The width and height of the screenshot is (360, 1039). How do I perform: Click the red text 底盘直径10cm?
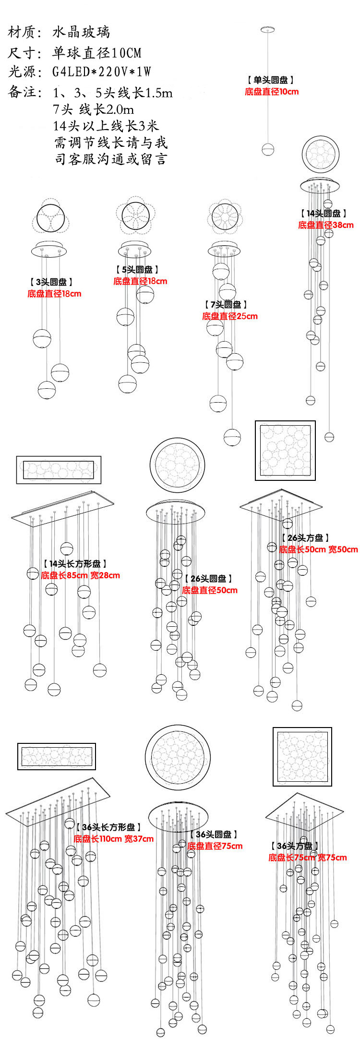pyautogui.click(x=272, y=92)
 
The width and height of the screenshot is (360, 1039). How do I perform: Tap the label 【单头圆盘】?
pyautogui.click(x=271, y=80)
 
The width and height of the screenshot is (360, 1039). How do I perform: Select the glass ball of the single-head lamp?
pyautogui.click(x=268, y=149)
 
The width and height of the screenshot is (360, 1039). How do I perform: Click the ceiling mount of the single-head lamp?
pyautogui.click(x=267, y=30)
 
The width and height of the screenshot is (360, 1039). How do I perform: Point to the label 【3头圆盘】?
pyautogui.click(x=51, y=282)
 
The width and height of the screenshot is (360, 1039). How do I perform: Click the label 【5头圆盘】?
pyautogui.click(x=137, y=270)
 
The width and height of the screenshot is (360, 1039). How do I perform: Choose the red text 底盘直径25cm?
pyautogui.click(x=229, y=316)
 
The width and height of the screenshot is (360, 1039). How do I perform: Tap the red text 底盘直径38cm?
pyautogui.click(x=325, y=225)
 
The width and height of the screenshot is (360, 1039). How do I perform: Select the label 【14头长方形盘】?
pyautogui.click(x=75, y=564)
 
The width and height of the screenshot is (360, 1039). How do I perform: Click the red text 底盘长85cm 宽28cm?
pyautogui.click(x=80, y=575)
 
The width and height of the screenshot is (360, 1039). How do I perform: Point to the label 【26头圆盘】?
pyautogui.click(x=208, y=579)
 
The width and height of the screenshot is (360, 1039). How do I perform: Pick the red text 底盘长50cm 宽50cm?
pyautogui.click(x=318, y=549)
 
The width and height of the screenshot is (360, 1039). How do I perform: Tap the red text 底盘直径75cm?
pyautogui.click(x=215, y=846)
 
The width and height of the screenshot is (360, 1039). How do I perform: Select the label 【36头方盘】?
pyautogui.click(x=294, y=846)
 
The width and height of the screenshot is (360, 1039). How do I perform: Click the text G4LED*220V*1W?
pyautogui.click(x=102, y=72)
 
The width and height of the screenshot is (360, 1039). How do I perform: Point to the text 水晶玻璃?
pyautogui.click(x=81, y=32)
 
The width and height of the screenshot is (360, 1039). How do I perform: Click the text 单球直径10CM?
pyautogui.click(x=97, y=52)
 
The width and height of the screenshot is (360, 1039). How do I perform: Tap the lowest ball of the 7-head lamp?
pyautogui.click(x=232, y=437)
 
